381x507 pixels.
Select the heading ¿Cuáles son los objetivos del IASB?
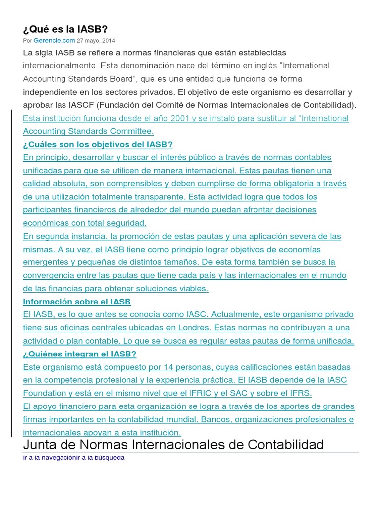98,145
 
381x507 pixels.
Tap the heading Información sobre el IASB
77,302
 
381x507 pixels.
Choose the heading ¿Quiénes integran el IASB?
80,354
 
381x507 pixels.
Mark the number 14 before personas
153,367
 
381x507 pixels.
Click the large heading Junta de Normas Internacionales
174,444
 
